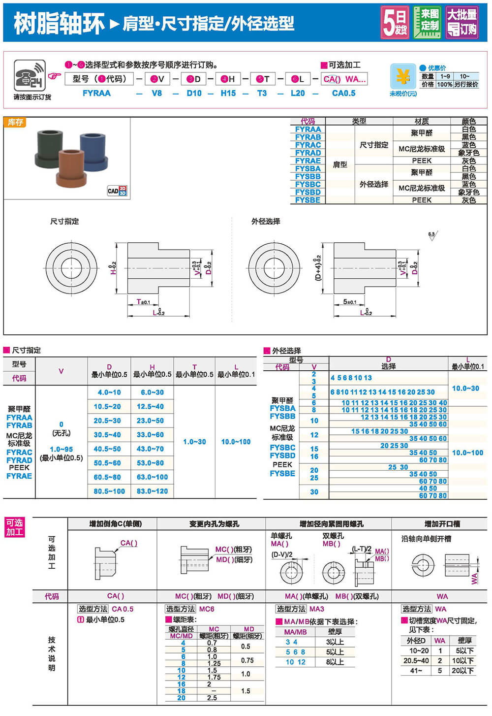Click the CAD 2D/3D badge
tap(117, 191)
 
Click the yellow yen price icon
tap(403, 77)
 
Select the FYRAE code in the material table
tap(307, 161)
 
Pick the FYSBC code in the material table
tap(307, 184)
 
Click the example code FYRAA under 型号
tap(96, 93)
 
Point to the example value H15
tap(228, 93)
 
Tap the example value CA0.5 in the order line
tap(343, 93)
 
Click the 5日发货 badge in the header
tap(395, 22)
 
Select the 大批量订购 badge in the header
tap(461, 22)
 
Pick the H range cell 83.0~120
tap(153, 491)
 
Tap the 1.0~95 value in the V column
tap(61, 449)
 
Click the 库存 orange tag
tap(15, 122)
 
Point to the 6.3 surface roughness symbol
tap(432, 236)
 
